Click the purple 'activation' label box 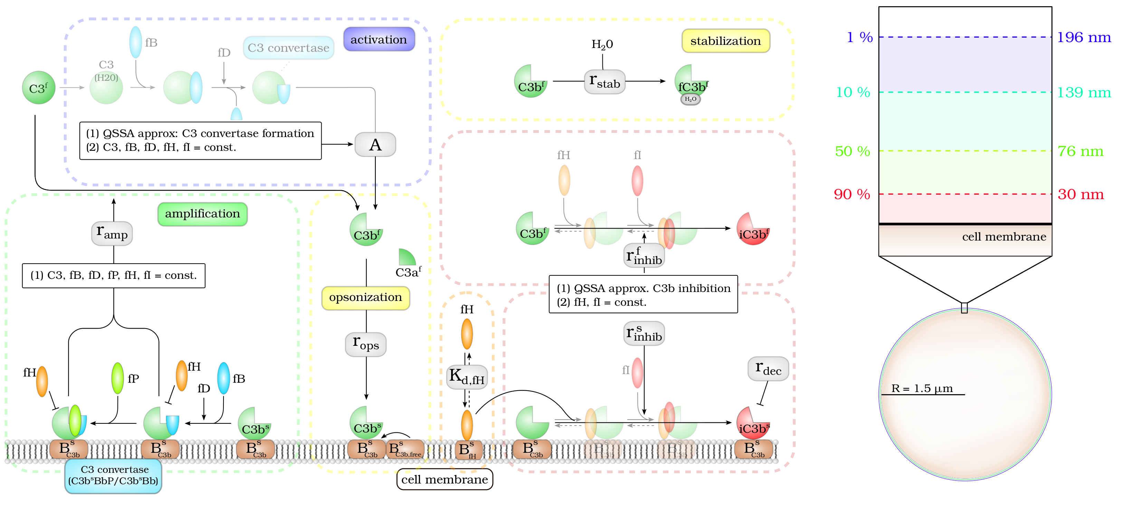click(379, 40)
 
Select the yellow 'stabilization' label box click(725, 41)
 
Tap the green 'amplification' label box click(202, 214)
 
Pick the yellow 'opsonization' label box click(365, 297)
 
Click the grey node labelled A click(375, 145)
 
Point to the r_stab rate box click(604, 81)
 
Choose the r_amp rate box click(112, 234)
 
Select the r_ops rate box click(365, 344)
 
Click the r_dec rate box click(768, 369)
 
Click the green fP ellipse click(117, 378)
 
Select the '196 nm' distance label click(1084, 38)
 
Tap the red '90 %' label click(852, 194)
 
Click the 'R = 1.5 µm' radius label click(922, 388)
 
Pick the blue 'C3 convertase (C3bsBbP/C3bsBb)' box click(113, 476)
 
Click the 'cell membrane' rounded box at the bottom click(445, 479)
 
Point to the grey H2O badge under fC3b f click(690, 99)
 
